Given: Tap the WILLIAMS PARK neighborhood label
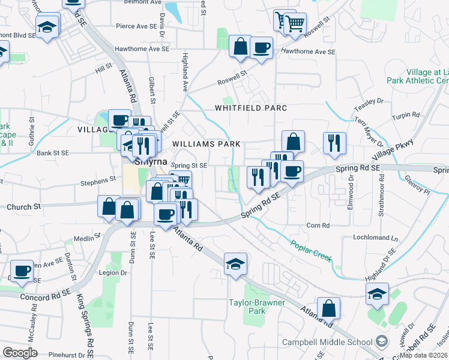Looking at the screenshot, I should pos(206,144).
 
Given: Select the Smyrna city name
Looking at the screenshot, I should pos(150,161).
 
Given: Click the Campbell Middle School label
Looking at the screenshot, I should pos(327,342).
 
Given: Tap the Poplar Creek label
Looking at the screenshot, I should pos(312,250).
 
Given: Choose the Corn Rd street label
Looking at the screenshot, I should pos(318,226).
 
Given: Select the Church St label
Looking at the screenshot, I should pos(23,206).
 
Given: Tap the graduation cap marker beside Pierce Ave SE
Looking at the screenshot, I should pos(47,26).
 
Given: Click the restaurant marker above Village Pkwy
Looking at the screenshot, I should pos(334,143).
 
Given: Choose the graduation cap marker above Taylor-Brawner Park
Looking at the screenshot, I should pos(235,263).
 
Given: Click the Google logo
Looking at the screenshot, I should pos(20,353).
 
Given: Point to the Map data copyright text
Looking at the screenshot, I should pos(424,355).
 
